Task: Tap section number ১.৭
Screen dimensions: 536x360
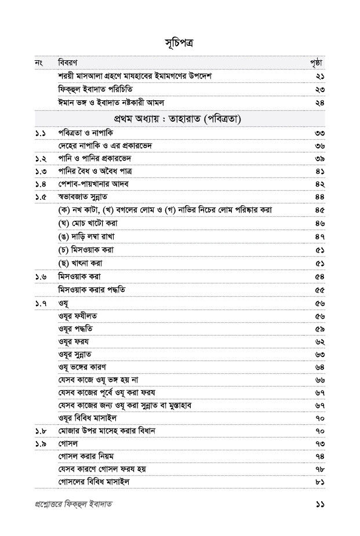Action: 41,302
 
